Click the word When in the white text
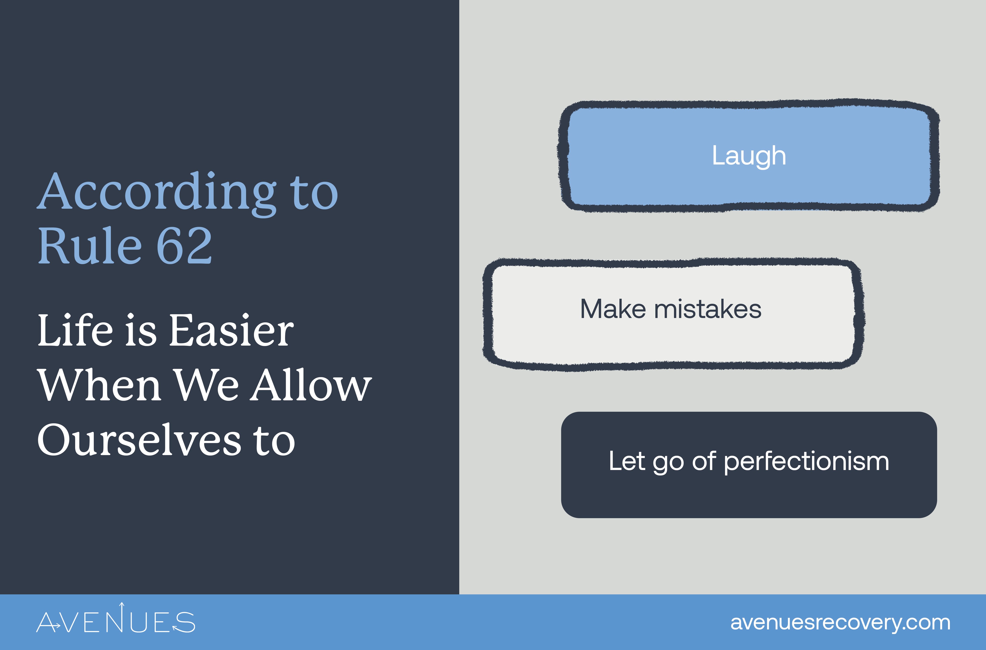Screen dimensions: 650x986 [x=99, y=385]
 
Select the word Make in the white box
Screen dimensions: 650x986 [x=613, y=309]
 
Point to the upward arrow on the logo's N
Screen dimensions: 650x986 [x=122, y=608]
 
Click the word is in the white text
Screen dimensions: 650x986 [x=141, y=330]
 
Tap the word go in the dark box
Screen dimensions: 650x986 [x=668, y=462]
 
